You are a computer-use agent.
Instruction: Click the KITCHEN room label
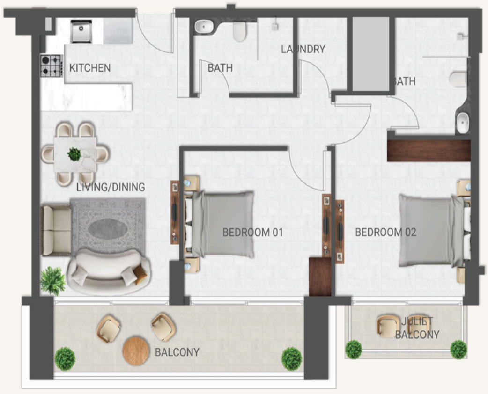point(89,68)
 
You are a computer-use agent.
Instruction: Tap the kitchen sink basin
point(81,31)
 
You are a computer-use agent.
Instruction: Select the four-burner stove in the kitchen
point(52,66)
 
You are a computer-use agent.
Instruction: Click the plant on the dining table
point(74,154)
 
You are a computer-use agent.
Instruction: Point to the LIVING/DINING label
point(111,187)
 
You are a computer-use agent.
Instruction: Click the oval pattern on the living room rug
point(108,229)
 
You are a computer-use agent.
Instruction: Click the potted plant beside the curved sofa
point(52,281)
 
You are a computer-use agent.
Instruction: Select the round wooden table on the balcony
point(136,351)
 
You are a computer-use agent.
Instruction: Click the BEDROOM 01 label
point(253,232)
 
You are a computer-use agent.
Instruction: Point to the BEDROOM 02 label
point(385,232)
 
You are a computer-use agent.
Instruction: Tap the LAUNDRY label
point(303,49)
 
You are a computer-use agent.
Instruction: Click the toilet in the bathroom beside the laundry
point(239,31)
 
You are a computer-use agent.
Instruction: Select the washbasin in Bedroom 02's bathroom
point(463,123)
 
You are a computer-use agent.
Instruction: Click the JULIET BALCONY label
point(417,328)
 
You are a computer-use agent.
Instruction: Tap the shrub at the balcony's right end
point(292,359)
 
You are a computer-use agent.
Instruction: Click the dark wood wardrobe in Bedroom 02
point(429,151)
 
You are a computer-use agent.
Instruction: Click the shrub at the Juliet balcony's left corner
point(354,349)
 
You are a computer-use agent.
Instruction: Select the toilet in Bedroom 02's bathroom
point(458,78)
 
